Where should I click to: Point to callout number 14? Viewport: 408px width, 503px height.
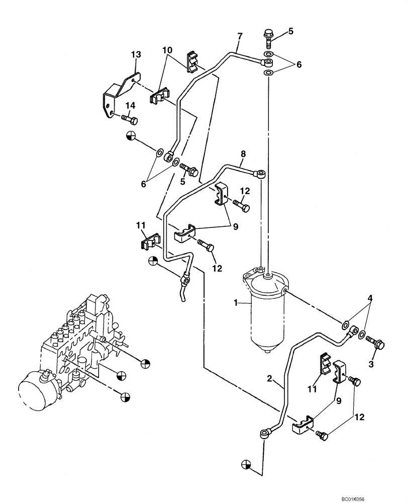(131, 105)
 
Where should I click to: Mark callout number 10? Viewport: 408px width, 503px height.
(167, 50)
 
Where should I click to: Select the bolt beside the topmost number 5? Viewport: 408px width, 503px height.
(267, 37)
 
